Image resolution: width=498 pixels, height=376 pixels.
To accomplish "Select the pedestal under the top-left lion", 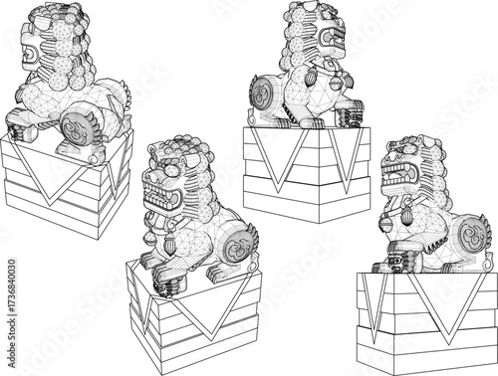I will click(x=64, y=189).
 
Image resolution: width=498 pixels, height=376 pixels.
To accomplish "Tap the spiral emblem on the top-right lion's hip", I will click(x=262, y=95).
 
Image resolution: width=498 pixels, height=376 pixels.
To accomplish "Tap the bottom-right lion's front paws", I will click(x=393, y=264).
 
